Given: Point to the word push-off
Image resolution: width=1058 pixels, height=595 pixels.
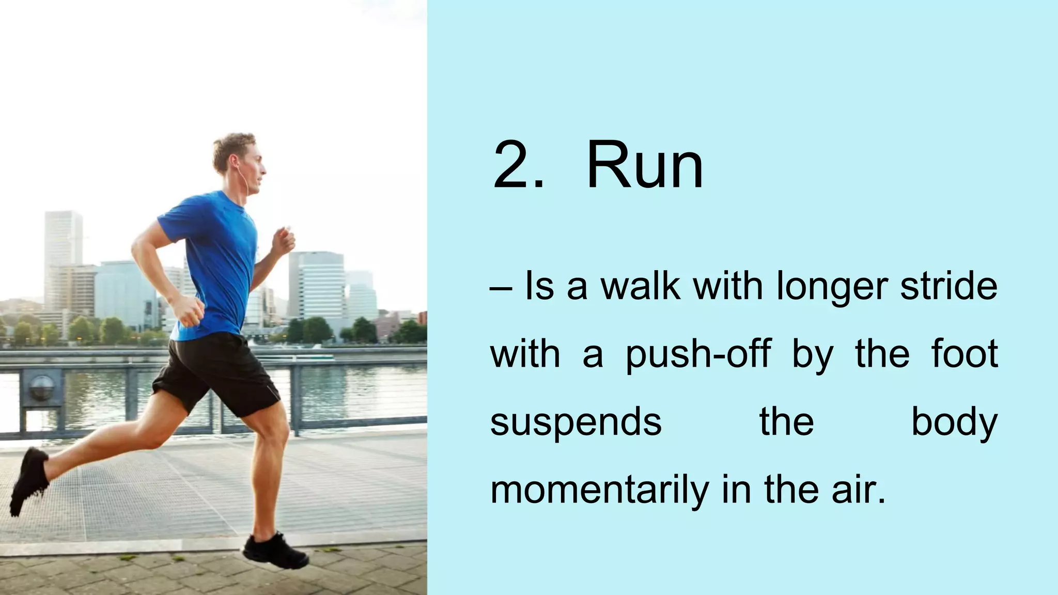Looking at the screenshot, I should coord(698,355).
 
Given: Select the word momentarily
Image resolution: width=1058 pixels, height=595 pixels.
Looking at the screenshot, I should coord(599,490).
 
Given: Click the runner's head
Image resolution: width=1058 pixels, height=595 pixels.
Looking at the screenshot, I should coord(239,160).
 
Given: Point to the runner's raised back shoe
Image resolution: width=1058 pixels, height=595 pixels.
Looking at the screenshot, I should coord(28,480).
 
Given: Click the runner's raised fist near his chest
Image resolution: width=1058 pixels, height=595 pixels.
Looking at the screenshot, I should coord(284,241).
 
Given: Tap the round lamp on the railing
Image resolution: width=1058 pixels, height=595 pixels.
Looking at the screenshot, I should coord(41,387).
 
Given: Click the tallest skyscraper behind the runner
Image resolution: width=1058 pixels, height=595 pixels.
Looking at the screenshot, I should coord(63,258).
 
